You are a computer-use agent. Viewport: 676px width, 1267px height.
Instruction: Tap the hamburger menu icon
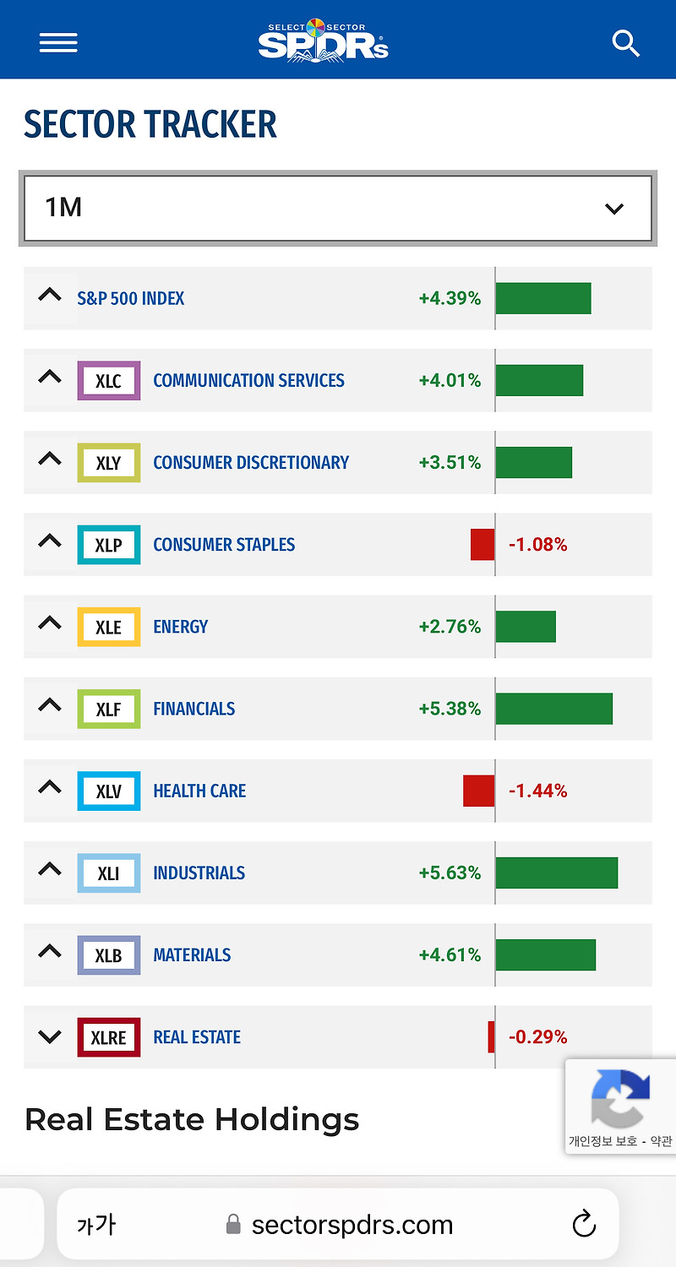[x=58, y=42]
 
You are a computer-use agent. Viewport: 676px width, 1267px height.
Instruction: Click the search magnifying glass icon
[x=625, y=43]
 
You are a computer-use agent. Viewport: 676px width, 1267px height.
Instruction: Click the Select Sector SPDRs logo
[x=324, y=40]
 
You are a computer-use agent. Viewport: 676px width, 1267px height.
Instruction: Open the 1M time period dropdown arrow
[x=614, y=209]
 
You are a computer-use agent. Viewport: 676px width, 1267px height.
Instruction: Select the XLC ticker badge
[x=108, y=380]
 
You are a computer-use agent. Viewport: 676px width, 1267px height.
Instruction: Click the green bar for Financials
[x=553, y=709]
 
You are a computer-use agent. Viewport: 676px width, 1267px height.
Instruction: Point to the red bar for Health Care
[x=478, y=791]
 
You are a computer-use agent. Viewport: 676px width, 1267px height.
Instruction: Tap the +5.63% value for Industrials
[x=450, y=873]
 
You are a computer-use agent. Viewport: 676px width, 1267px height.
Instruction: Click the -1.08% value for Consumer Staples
[x=537, y=545]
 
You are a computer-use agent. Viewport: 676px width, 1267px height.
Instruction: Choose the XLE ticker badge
[x=108, y=627]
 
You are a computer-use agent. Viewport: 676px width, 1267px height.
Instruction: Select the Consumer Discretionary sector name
[x=251, y=462]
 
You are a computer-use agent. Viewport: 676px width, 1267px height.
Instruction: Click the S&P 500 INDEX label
[x=130, y=298]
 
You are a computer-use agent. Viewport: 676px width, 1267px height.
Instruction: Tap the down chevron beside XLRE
[x=50, y=1036]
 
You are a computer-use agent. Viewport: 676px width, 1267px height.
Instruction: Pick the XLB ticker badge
[x=108, y=955]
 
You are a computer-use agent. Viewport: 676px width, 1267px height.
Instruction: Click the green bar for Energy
[x=526, y=627]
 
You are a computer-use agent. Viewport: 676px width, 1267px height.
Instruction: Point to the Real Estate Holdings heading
[x=192, y=1119]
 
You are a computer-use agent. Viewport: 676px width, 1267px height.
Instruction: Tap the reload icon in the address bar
[x=584, y=1224]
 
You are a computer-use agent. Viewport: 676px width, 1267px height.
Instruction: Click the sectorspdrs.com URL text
[x=352, y=1225]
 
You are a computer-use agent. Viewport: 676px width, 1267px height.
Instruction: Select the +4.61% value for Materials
[x=450, y=955]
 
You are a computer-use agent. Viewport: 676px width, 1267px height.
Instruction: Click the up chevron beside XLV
[x=50, y=787]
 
